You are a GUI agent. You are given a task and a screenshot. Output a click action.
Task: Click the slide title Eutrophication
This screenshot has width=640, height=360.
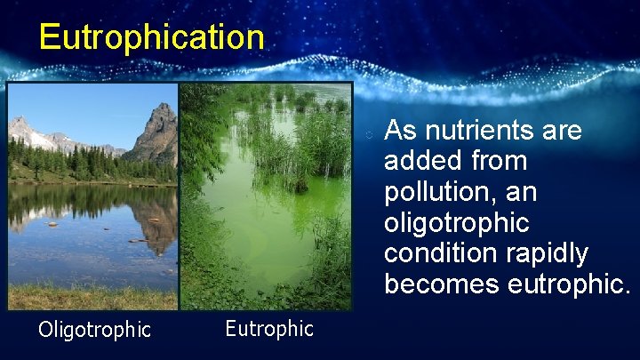(151, 37)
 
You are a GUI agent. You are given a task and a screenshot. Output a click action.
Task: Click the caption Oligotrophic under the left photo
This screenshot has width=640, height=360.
(94, 330)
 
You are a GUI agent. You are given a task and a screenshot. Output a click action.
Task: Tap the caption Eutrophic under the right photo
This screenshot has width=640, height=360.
(268, 329)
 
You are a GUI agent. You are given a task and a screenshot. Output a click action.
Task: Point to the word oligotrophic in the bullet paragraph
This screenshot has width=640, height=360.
(456, 222)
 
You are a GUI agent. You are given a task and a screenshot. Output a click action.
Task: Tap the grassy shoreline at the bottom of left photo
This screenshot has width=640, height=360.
(89, 298)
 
